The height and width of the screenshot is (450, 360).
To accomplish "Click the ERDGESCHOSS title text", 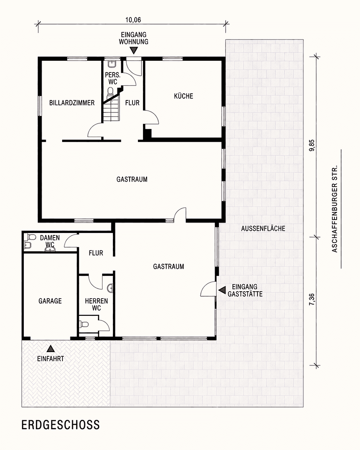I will [61, 425].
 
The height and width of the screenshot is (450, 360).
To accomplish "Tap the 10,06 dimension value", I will [132, 19].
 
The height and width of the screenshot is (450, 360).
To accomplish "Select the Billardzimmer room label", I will [72, 103].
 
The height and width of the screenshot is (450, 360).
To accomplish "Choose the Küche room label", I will [183, 96].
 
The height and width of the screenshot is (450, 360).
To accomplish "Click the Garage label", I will [50, 301].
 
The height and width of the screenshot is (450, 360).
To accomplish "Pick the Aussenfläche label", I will [263, 228].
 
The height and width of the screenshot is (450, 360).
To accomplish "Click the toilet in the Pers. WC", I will [111, 91].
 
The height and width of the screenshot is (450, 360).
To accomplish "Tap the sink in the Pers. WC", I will [111, 65].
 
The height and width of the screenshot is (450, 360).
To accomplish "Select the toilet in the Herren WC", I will [84, 324].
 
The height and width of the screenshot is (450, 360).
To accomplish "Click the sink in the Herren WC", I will [110, 288].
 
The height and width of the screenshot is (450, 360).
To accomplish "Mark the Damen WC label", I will [50, 241].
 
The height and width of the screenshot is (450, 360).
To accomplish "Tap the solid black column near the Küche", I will [147, 133].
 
